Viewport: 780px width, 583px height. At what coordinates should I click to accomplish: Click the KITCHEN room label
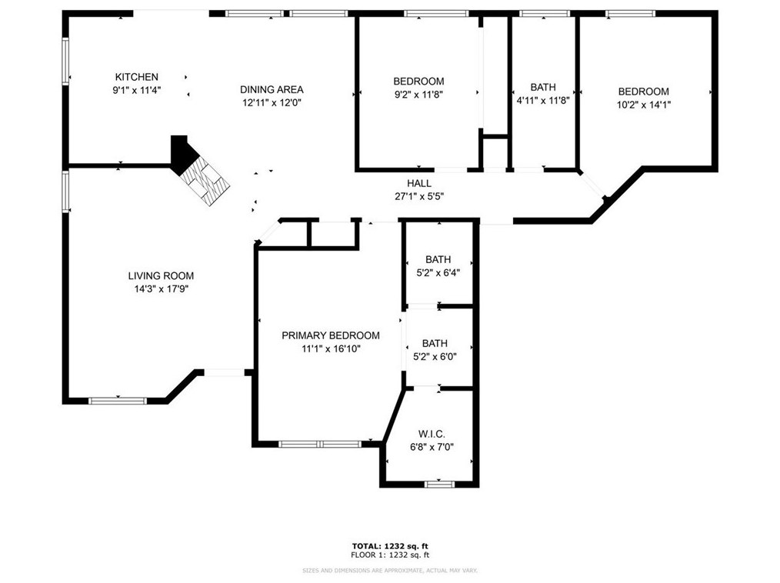137,77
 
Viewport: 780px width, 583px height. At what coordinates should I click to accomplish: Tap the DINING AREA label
272,89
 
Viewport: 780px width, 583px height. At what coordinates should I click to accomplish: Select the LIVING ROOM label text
162,275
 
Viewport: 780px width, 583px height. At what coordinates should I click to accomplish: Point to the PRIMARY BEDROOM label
331,335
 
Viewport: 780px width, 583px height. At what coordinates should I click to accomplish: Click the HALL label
419,184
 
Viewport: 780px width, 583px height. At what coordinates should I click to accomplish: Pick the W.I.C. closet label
432,435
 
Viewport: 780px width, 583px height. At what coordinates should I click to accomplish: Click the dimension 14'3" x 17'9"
162,289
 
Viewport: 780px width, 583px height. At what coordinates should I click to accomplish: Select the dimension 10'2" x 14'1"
644,105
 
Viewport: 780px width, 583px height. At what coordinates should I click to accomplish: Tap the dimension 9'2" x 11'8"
419,95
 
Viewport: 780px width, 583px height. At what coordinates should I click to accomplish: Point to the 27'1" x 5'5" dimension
419,196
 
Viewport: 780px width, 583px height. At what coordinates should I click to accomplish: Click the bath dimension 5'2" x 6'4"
438,272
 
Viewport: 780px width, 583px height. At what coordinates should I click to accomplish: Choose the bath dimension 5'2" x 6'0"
435,357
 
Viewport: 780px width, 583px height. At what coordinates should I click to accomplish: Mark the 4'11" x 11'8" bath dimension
543,100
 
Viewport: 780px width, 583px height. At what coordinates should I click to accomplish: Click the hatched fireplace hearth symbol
205,179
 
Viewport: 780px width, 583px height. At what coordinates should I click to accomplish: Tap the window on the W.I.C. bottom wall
440,484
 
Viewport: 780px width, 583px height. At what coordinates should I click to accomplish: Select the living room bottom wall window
118,401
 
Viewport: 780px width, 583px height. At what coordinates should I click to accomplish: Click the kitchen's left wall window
65,61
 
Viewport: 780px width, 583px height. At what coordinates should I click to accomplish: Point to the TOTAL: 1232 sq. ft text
390,546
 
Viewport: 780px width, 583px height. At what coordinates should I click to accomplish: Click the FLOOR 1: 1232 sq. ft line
390,555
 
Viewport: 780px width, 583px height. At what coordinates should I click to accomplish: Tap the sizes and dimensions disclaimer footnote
390,571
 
